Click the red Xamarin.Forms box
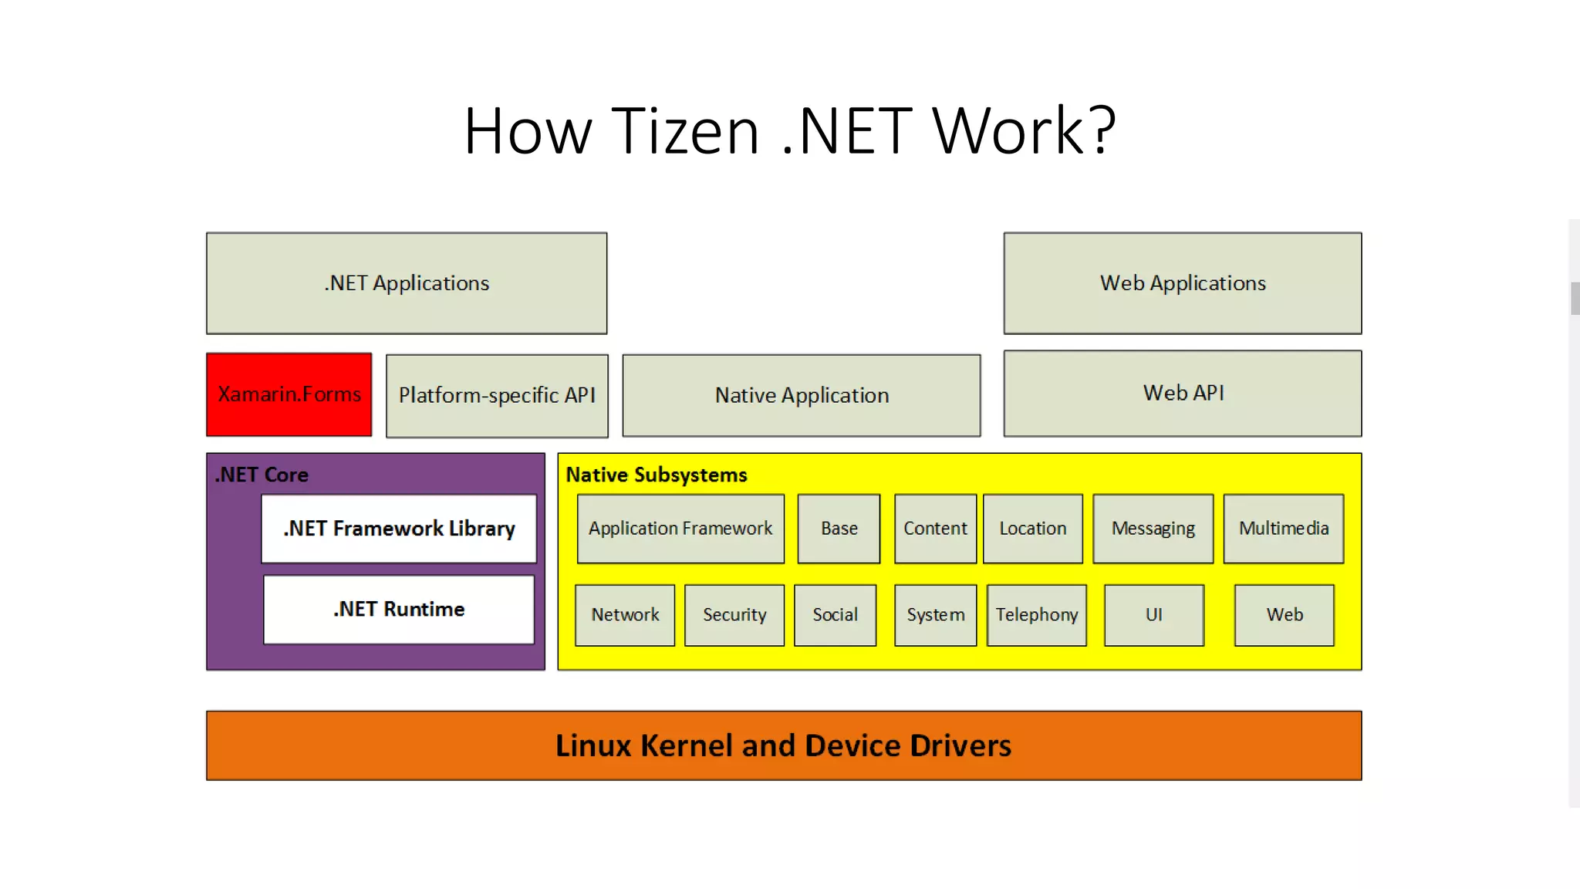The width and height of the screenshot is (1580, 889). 289,394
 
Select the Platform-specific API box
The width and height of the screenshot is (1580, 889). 497,395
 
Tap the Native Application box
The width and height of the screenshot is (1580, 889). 801,395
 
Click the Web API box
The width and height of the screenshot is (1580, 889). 1182,393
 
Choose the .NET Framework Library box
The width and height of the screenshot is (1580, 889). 398,529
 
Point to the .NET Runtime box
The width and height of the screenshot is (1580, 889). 398,609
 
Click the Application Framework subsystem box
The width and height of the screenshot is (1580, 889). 680,529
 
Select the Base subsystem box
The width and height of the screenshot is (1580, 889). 839,529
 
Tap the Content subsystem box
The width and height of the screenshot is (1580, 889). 934,529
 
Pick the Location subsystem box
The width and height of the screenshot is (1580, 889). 1032,529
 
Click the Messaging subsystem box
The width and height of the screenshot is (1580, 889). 1153,529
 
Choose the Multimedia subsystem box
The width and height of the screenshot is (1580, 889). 1283,529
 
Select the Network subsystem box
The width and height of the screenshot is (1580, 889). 624,615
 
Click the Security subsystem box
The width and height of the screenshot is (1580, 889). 734,615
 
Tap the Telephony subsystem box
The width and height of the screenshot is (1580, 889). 1036,615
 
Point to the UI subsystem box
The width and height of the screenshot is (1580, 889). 1153,615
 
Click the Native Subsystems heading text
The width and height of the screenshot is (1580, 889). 656,475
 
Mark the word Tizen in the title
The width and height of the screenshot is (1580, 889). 685,131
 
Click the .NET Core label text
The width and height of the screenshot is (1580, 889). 262,475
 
